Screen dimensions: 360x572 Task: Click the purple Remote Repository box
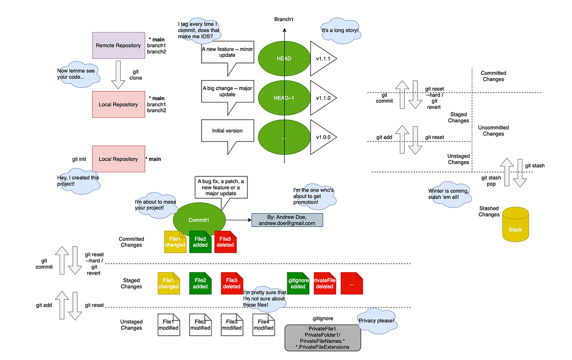118,46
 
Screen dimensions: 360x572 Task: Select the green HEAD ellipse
284,59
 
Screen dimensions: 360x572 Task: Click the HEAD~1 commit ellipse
284,98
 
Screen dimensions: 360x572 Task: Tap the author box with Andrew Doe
287,220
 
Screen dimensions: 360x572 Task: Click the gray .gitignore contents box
322,338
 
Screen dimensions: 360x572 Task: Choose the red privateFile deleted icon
325,283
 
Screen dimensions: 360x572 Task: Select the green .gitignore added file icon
298,283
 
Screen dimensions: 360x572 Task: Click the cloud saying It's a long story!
340,30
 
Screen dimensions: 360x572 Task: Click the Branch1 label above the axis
284,19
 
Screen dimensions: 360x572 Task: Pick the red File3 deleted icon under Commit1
225,242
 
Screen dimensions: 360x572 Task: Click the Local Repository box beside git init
118,159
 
